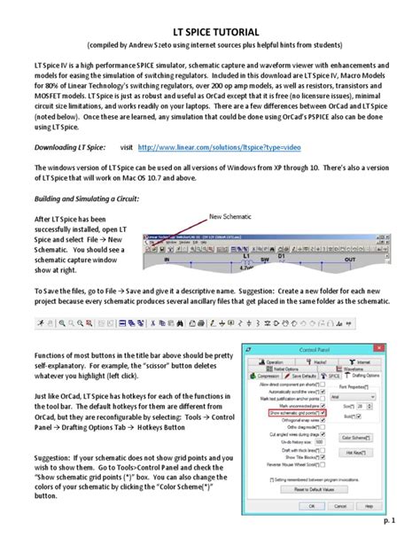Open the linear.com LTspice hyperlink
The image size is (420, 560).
(x=223, y=148)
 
